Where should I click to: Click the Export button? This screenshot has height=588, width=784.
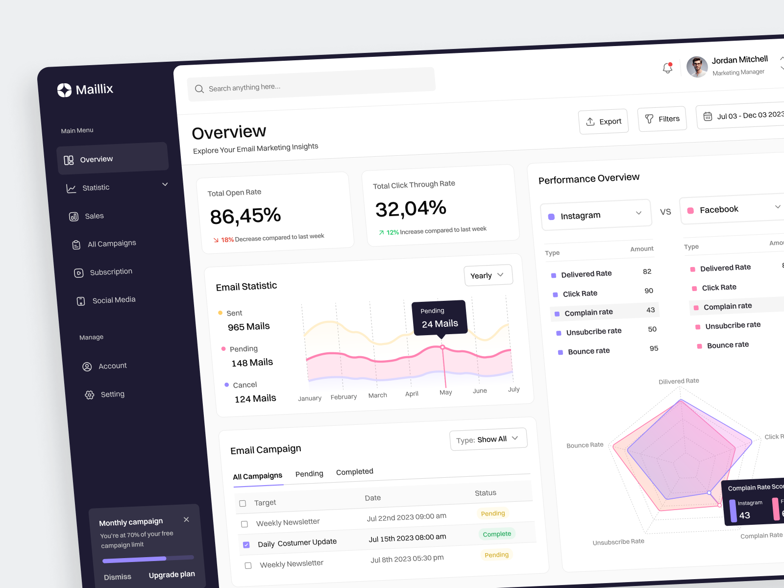tap(603, 121)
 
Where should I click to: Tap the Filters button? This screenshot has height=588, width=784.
tap(662, 119)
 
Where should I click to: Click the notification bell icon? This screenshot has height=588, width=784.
tap(667, 68)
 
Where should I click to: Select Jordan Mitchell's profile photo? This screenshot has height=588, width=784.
tap(697, 67)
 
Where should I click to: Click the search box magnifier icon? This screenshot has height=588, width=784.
tap(199, 89)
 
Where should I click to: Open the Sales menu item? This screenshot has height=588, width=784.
tap(94, 216)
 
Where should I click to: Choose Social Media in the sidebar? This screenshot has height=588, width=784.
tap(114, 300)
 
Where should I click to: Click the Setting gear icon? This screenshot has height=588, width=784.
tap(89, 395)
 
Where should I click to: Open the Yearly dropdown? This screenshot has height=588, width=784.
tap(488, 275)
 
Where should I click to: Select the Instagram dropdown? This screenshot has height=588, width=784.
tap(596, 215)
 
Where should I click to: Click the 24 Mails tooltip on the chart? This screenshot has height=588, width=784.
tap(440, 318)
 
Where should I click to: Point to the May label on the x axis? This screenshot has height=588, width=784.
tap(446, 392)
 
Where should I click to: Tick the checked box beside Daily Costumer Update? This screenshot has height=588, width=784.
tap(246, 545)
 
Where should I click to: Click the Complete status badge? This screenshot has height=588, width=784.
tap(497, 534)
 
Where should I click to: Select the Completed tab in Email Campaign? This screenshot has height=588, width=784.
tap(354, 472)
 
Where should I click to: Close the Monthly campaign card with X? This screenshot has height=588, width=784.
tap(186, 519)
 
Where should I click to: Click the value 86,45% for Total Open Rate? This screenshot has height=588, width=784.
tap(245, 216)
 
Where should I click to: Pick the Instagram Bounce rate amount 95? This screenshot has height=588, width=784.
tap(654, 348)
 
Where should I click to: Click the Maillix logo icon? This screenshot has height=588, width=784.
tap(64, 90)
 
